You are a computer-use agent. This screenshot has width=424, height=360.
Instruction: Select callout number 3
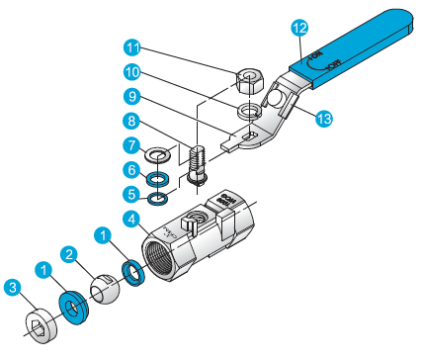11,288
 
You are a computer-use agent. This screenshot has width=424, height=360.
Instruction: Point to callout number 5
129,195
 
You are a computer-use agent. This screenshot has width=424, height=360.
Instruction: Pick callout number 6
129,170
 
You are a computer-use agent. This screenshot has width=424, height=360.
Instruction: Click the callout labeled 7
129,145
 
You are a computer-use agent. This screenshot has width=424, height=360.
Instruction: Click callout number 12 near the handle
297,30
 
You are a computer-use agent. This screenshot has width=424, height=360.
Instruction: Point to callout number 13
322,118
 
